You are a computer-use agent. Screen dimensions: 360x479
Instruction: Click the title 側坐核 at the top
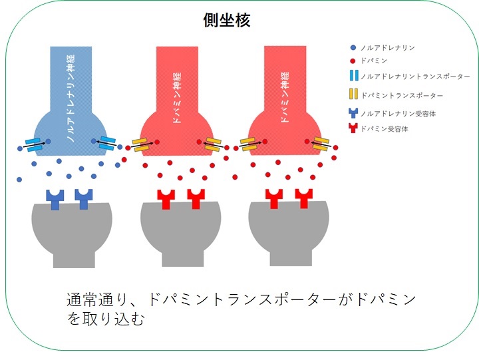click(x=226, y=21)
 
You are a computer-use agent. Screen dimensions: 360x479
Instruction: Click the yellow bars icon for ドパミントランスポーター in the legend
click(x=353, y=95)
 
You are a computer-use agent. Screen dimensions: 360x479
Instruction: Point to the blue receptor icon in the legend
click(x=353, y=113)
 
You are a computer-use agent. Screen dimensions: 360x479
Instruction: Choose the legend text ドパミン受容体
click(x=384, y=129)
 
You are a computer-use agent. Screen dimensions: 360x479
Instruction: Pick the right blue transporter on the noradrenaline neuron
click(x=107, y=142)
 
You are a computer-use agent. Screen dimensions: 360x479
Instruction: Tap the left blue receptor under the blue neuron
click(x=55, y=198)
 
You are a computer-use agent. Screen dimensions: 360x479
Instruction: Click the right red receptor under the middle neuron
click(x=195, y=198)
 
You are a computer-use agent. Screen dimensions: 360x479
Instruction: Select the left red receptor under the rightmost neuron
click(x=273, y=198)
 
